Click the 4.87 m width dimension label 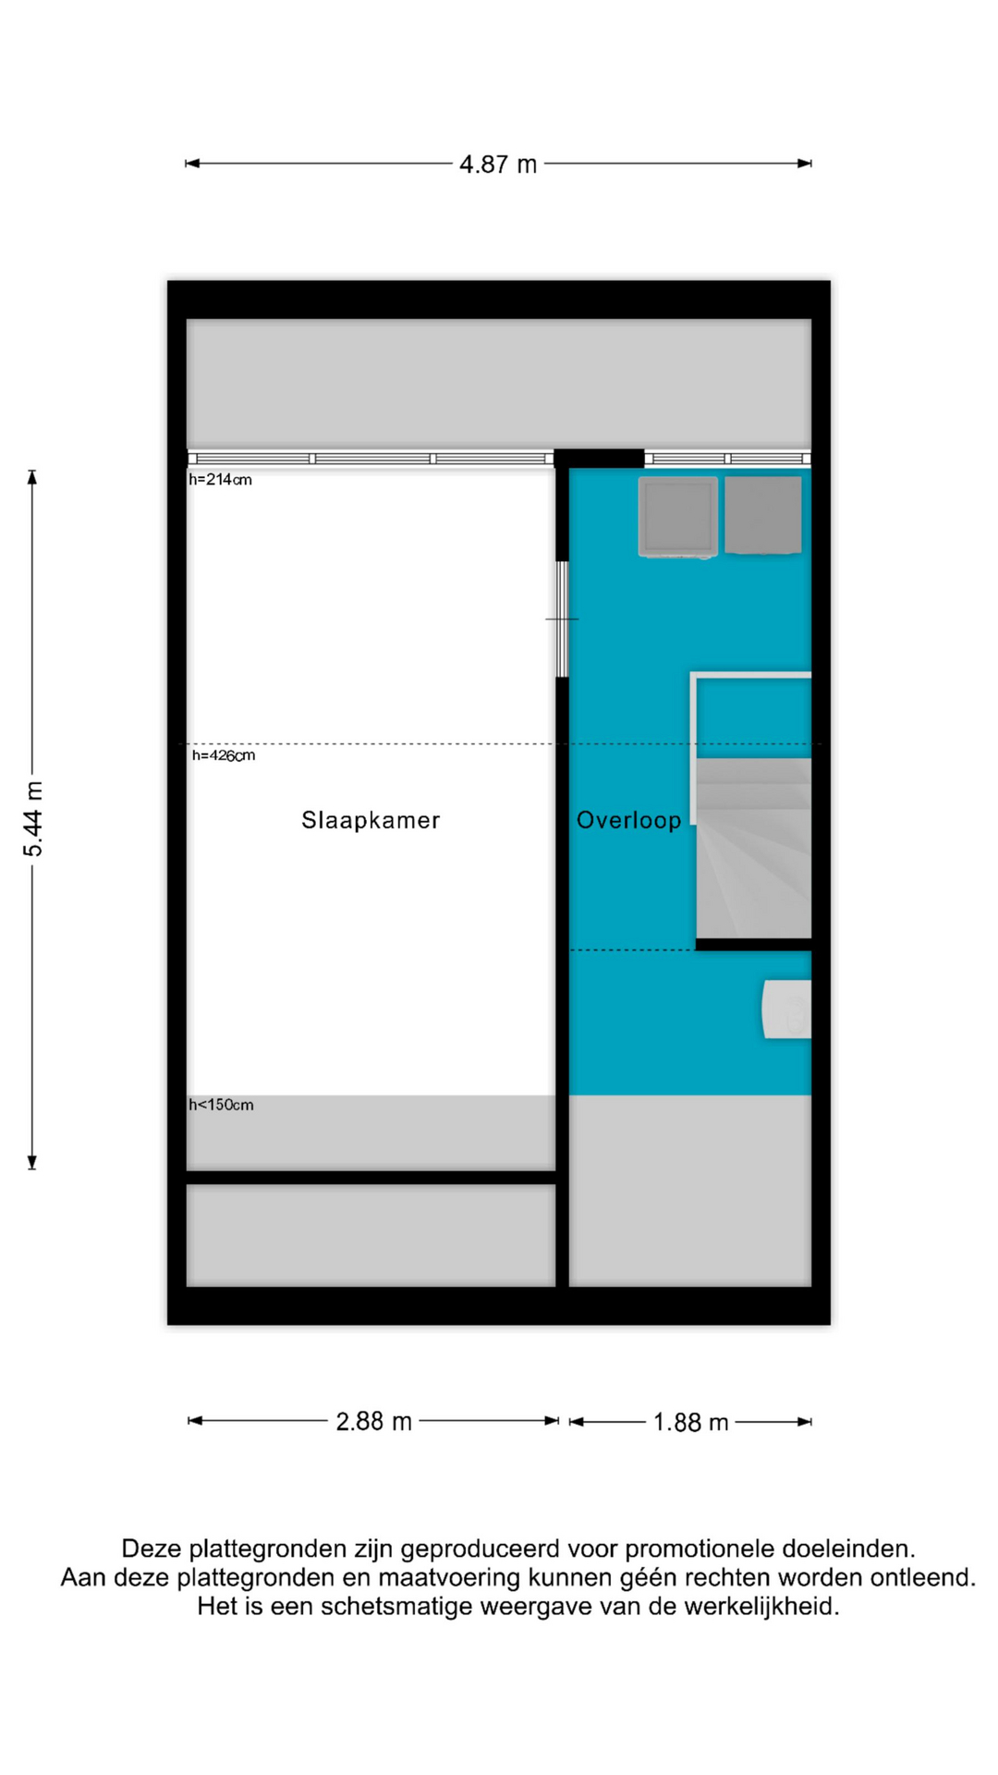[498, 165]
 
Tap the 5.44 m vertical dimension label [33, 819]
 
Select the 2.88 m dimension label [373, 1421]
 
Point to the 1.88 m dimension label [690, 1422]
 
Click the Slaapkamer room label [371, 820]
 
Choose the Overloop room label [628, 820]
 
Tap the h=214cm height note [220, 480]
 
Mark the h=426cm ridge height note [224, 755]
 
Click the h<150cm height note [221, 1105]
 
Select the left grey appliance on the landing [677, 517]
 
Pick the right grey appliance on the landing [762, 515]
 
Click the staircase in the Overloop [753, 848]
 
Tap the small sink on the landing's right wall [786, 1009]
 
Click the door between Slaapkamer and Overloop [562, 619]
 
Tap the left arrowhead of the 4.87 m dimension [192, 164]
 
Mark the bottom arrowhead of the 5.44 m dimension [32, 1162]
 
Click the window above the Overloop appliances [727, 459]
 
